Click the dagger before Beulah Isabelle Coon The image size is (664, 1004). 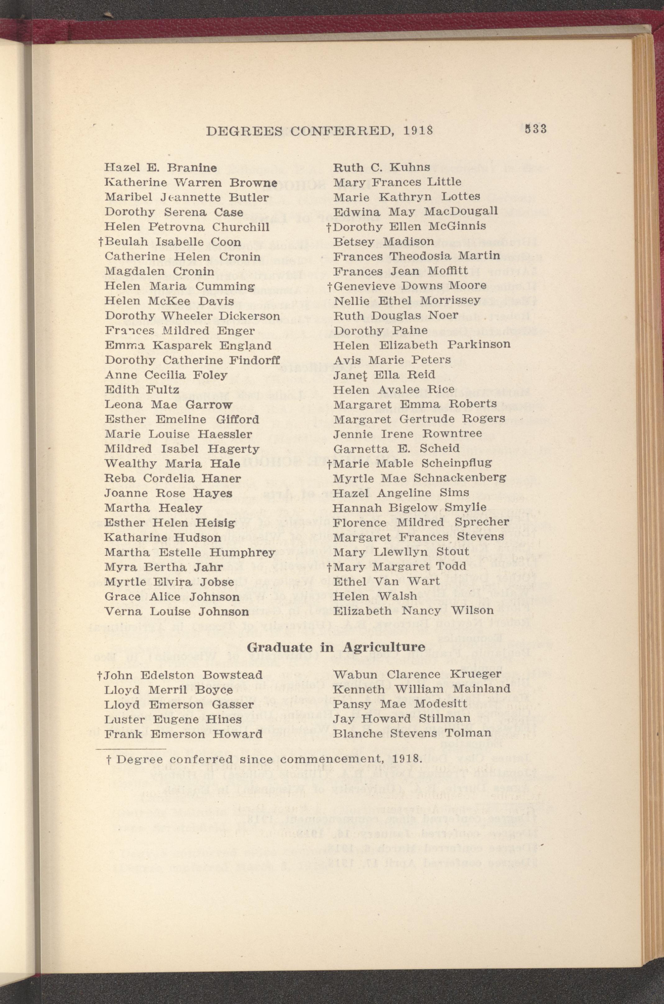[x=101, y=242]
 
